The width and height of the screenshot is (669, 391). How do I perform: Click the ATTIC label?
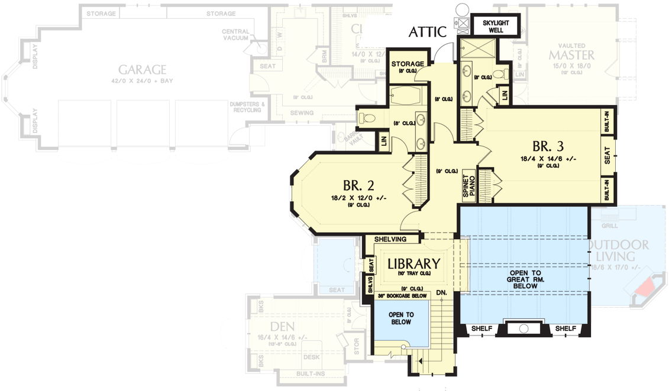tap(428, 32)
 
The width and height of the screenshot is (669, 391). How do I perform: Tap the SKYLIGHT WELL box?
tap(495, 27)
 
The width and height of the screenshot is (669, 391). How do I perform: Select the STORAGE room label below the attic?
tap(408, 64)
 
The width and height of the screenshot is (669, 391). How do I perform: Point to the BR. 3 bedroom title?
tap(548, 146)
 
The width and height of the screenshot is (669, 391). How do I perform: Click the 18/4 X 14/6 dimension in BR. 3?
tap(548, 158)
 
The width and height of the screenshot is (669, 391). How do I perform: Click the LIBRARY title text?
tap(413, 264)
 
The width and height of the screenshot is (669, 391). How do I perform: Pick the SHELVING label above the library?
tap(390, 239)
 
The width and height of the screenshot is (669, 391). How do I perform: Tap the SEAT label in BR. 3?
tap(607, 157)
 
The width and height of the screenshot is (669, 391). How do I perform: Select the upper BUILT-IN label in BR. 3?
tap(607, 122)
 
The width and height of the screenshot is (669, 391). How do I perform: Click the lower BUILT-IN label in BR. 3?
tap(607, 191)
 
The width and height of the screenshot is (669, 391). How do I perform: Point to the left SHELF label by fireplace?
tap(481, 328)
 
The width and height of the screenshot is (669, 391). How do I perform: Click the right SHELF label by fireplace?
tap(565, 328)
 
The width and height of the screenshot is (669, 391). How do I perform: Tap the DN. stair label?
tap(441, 292)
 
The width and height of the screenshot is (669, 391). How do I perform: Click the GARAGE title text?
tap(141, 70)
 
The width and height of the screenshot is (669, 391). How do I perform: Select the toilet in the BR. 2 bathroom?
tap(365, 119)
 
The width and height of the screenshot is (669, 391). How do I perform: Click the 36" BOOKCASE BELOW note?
tap(402, 295)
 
